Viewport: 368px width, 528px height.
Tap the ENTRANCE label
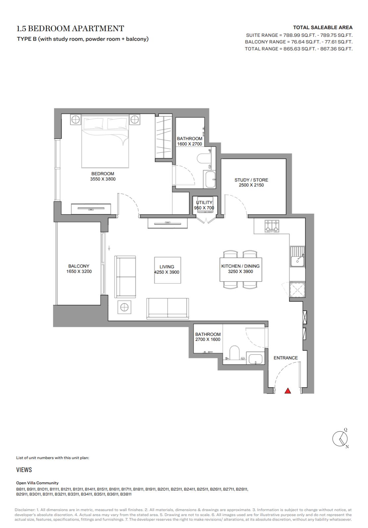tap(286, 358)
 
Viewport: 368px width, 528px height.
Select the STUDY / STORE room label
tap(251, 180)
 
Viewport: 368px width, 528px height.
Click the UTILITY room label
tap(204, 202)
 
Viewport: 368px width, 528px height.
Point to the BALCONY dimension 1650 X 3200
tap(79, 271)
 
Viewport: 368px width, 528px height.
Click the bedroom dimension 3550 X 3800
tap(103, 179)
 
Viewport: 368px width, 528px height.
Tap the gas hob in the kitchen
tap(272, 226)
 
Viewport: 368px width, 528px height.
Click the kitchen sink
tap(297, 257)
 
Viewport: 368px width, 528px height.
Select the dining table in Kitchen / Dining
tap(241, 269)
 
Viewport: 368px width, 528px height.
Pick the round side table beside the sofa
tap(124, 307)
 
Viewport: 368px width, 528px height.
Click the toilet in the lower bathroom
tap(234, 353)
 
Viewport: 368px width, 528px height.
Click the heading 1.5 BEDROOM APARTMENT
tap(70, 28)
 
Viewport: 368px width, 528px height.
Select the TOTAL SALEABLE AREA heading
tap(323, 27)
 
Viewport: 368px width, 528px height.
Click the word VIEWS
tap(24, 470)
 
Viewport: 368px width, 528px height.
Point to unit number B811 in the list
tap(21, 489)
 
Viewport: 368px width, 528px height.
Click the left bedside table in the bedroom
tap(76, 120)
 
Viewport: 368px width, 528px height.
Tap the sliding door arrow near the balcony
tap(109, 248)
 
